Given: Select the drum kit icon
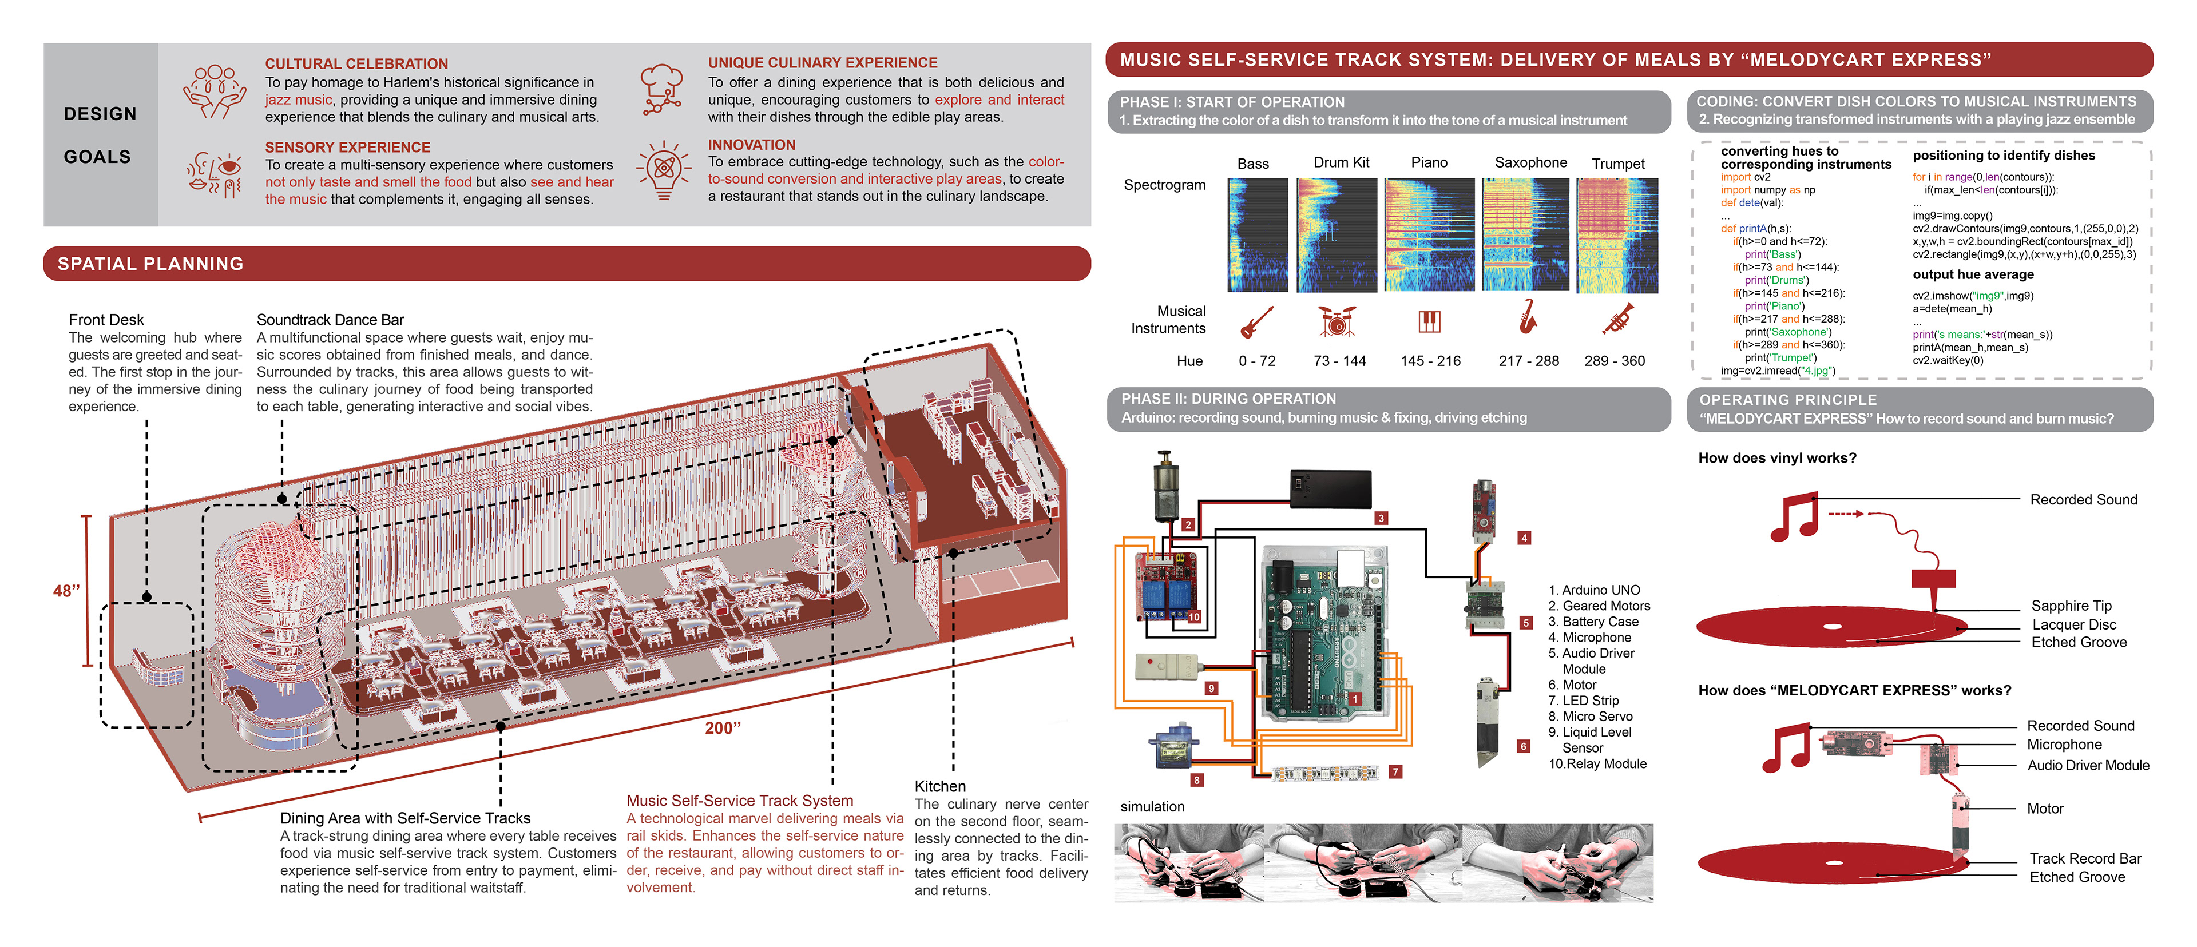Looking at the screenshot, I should [1337, 320].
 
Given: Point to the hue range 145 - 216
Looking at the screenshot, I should [1430, 361].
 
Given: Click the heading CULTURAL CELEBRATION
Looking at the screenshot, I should [356, 64].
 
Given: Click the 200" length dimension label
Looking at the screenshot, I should [723, 728].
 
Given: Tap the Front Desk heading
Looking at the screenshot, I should [106, 320].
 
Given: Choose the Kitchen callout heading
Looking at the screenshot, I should [940, 786].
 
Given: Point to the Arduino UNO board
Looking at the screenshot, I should [1324, 635].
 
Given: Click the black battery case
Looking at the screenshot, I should [1330, 490].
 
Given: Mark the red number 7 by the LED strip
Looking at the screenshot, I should [1395, 771].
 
